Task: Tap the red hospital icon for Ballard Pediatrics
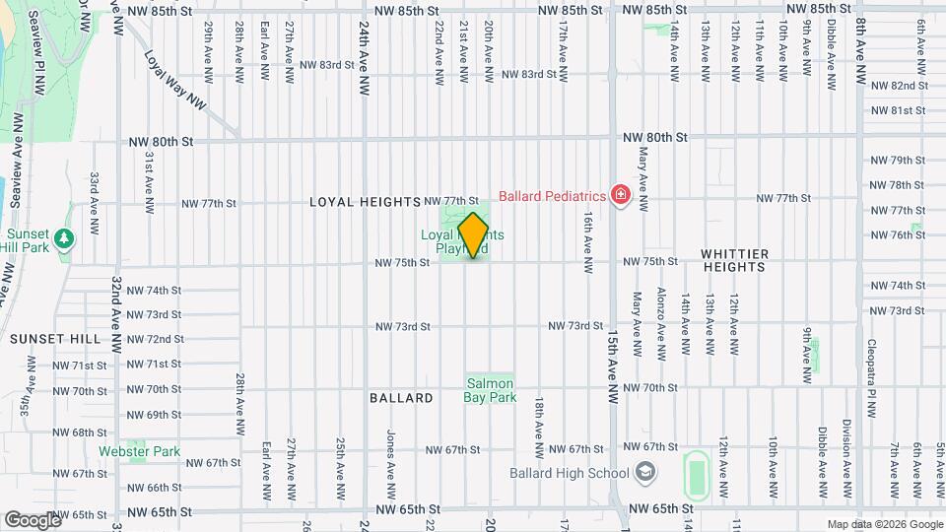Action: [621, 195]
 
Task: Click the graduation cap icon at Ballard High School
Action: [644, 474]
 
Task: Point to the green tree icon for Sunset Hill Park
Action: [65, 238]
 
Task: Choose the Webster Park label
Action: [139, 451]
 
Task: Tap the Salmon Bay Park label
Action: [490, 391]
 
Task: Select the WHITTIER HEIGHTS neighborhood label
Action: [748, 254]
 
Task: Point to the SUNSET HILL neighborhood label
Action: [55, 338]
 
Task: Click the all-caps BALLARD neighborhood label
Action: [401, 398]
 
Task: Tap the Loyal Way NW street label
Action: [178, 81]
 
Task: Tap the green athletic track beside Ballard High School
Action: [698, 474]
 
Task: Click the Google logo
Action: [34, 519]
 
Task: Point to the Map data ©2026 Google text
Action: [885, 524]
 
